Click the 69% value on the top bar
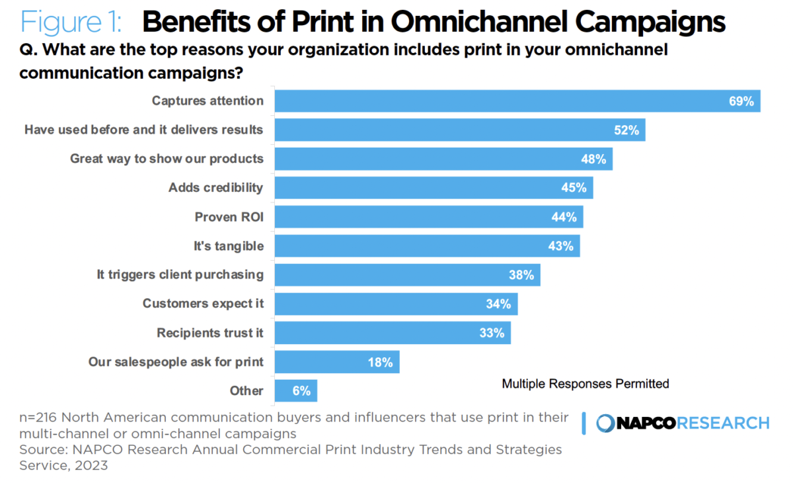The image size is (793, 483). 741,101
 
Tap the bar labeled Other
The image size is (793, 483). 295,390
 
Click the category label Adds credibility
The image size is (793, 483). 215,187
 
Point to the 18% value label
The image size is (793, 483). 381,362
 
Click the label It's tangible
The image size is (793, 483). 229,245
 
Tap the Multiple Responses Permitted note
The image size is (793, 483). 585,383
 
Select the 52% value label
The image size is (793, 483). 626,130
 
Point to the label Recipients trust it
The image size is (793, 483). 209,333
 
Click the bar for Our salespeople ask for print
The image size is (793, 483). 336,362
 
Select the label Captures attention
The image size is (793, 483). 208,101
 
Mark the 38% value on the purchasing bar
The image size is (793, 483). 521,275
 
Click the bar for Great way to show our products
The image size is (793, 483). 443,159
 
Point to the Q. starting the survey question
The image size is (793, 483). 28,50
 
